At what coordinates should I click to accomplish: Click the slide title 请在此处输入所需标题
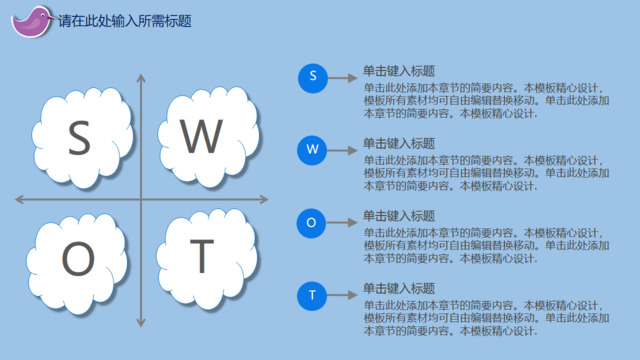pyautogui.click(x=124, y=20)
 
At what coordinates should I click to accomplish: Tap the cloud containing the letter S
pyautogui.click(x=81, y=138)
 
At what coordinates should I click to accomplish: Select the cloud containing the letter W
pyautogui.click(x=203, y=136)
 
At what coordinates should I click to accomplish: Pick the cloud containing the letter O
pyautogui.click(x=79, y=260)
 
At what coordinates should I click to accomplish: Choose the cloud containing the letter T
pyautogui.click(x=203, y=258)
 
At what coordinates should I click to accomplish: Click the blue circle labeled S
pyautogui.click(x=312, y=77)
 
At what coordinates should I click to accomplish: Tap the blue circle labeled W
pyautogui.click(x=312, y=150)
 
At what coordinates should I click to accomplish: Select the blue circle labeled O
pyautogui.click(x=312, y=223)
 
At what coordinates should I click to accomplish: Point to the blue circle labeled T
pyautogui.click(x=312, y=295)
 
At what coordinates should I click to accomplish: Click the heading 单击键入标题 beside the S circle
pyautogui.click(x=398, y=71)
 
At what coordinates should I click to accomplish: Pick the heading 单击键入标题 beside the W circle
pyautogui.click(x=398, y=143)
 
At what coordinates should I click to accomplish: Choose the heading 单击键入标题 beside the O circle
pyautogui.click(x=398, y=216)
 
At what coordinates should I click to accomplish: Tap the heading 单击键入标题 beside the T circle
pyautogui.click(x=398, y=288)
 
